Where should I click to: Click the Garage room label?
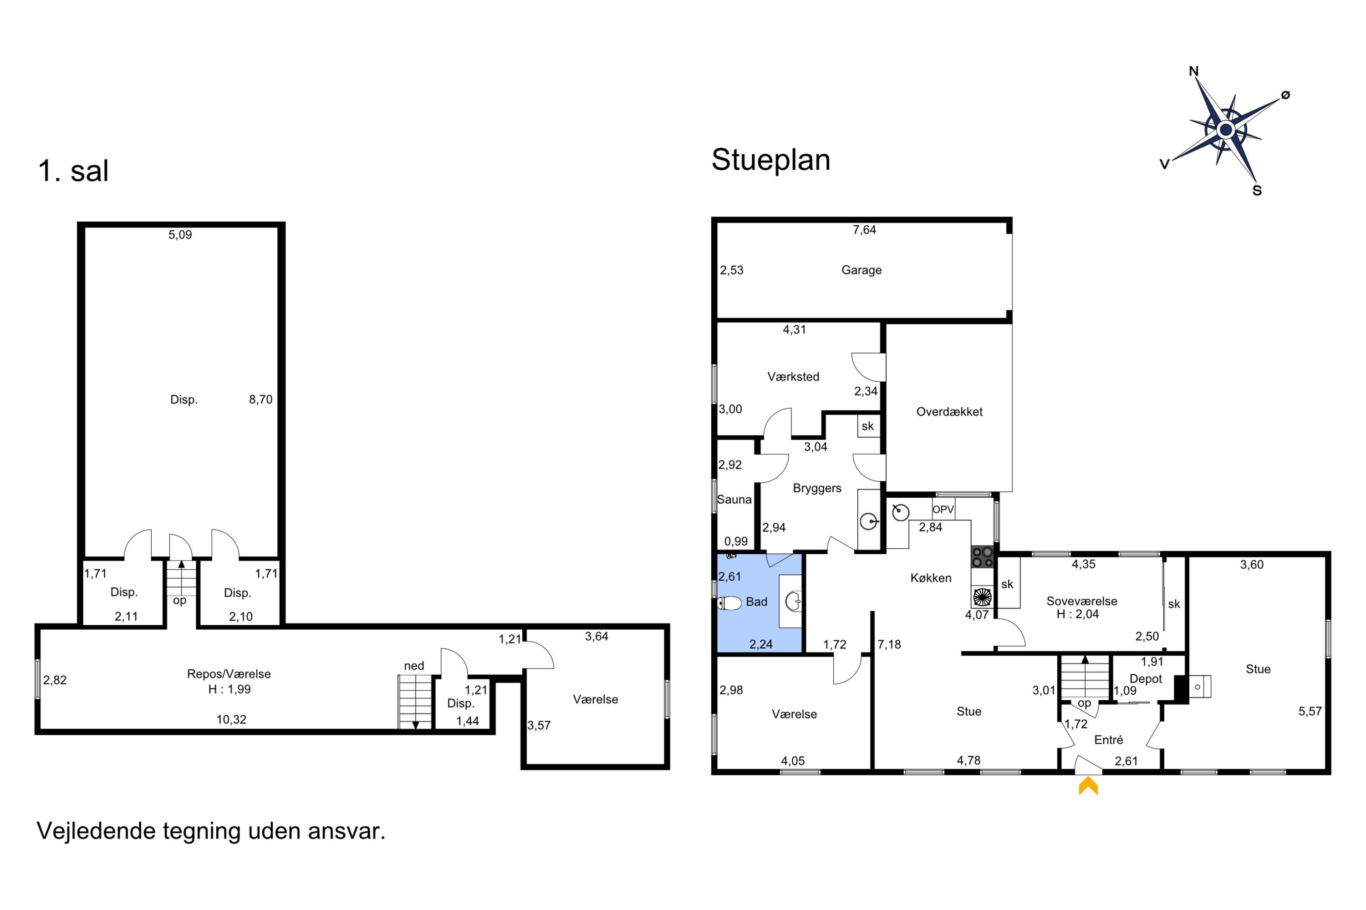pyautogui.click(x=861, y=270)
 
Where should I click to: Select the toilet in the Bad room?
pyautogui.click(x=729, y=603)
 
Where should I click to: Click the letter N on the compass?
pyautogui.click(x=1194, y=71)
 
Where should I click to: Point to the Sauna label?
pyautogui.click(x=734, y=500)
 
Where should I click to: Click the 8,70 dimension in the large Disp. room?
pyautogui.click(x=261, y=399)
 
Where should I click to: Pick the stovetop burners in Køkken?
pyautogui.click(x=982, y=557)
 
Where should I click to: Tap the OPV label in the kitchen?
pyautogui.click(x=943, y=510)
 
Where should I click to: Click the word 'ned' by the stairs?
pyautogui.click(x=414, y=666)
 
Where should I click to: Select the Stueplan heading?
pyautogui.click(x=771, y=160)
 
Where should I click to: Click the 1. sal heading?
pyautogui.click(x=73, y=171)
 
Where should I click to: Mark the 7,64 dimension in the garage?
pyautogui.click(x=864, y=230)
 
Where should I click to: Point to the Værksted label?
pyautogui.click(x=793, y=377)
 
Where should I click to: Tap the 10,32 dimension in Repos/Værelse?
pyautogui.click(x=231, y=720)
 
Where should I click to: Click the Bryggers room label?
pyautogui.click(x=817, y=488)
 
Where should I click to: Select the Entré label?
pyautogui.click(x=1109, y=740)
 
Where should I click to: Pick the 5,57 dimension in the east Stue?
pyautogui.click(x=1310, y=712)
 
